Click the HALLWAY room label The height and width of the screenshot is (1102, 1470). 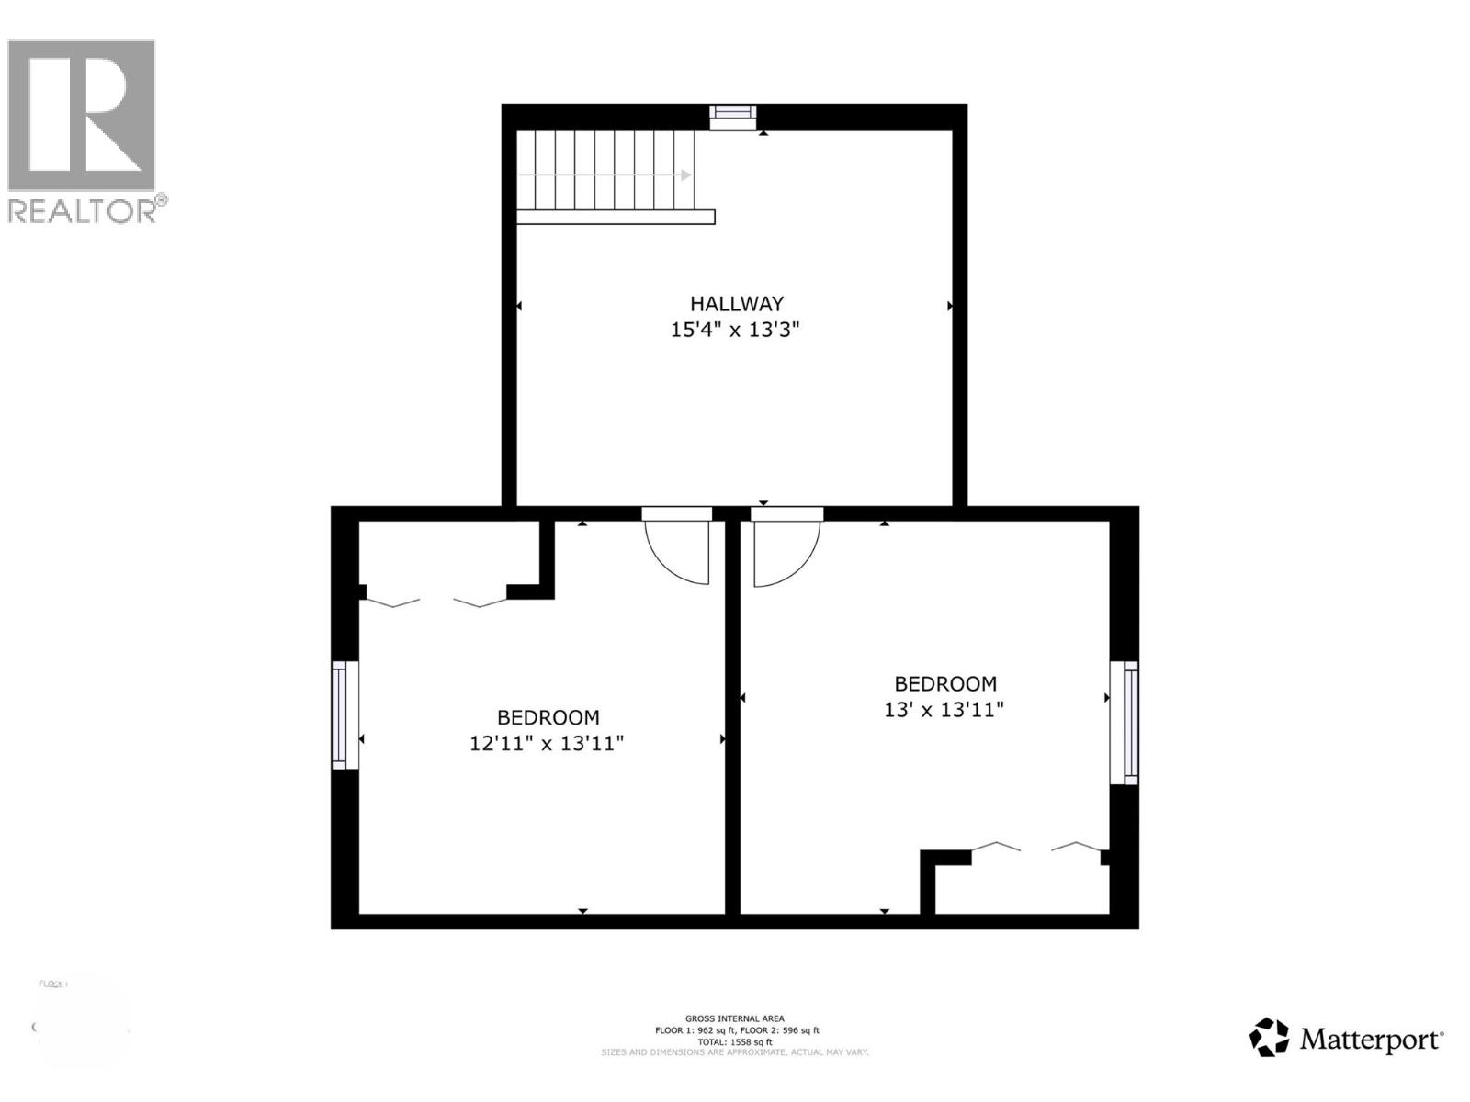pyautogui.click(x=737, y=303)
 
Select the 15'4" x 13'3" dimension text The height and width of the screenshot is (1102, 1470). pyautogui.click(x=735, y=330)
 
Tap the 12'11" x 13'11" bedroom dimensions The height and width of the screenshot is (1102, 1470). pyautogui.click(x=547, y=743)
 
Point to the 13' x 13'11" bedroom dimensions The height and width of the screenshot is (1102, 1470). pyautogui.click(x=944, y=709)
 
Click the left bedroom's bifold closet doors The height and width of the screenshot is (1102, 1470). pyautogui.click(x=435, y=602)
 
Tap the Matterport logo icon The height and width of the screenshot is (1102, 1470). pyautogui.click(x=1270, y=1038)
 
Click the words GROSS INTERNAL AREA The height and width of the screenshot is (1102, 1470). pyautogui.click(x=734, y=1018)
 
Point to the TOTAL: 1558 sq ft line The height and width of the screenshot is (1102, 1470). pyautogui.click(x=734, y=1041)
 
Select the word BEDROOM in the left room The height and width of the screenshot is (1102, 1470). pyautogui.click(x=548, y=717)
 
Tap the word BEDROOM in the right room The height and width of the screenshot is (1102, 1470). pyautogui.click(x=945, y=683)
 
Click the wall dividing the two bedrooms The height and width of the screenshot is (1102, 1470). pyautogui.click(x=732, y=716)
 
